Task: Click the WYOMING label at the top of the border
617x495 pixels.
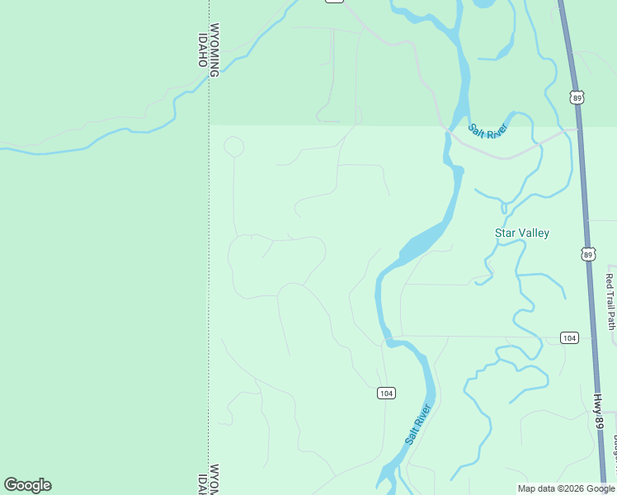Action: (214, 49)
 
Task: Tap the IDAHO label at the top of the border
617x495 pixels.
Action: (202, 49)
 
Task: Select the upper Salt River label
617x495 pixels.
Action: (487, 130)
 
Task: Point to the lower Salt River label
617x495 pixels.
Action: (418, 424)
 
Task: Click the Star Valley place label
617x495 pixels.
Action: (521, 233)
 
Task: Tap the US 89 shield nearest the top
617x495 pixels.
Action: (577, 97)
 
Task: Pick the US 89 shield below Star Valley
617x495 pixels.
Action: (587, 255)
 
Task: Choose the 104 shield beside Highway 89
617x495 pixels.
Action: (569, 337)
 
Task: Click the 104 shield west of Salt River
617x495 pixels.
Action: (385, 393)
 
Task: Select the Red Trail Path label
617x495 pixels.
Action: (610, 301)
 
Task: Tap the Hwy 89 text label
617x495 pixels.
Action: (598, 411)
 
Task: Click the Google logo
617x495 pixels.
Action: (27, 485)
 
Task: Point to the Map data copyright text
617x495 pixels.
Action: (566, 488)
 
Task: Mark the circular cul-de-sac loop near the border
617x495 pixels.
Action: (234, 147)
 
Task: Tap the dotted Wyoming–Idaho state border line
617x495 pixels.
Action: (208, 247)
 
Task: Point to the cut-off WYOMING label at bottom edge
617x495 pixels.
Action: (214, 480)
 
